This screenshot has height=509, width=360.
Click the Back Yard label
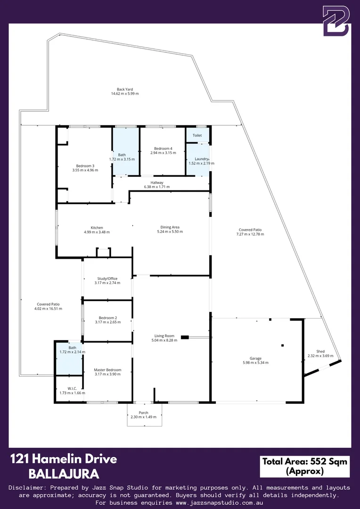point(124,89)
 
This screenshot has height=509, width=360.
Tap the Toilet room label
point(197,135)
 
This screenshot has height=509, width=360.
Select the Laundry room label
point(198,159)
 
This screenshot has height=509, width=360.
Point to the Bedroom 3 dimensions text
point(85,170)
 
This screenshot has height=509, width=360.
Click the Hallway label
point(156,182)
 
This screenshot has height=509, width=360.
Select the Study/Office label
point(107,279)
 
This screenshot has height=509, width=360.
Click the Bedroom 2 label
point(107,318)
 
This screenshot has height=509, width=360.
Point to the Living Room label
point(163,336)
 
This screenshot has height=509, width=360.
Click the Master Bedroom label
point(107,370)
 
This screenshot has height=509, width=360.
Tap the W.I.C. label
point(72,388)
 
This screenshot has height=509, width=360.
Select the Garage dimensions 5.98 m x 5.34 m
point(255,363)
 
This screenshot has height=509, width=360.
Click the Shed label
point(320,351)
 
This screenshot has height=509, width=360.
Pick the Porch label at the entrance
point(143,412)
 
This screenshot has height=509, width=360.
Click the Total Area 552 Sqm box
point(304,466)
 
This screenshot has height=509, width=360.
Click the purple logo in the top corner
point(336,21)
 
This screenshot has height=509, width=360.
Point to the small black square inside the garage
point(282,345)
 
